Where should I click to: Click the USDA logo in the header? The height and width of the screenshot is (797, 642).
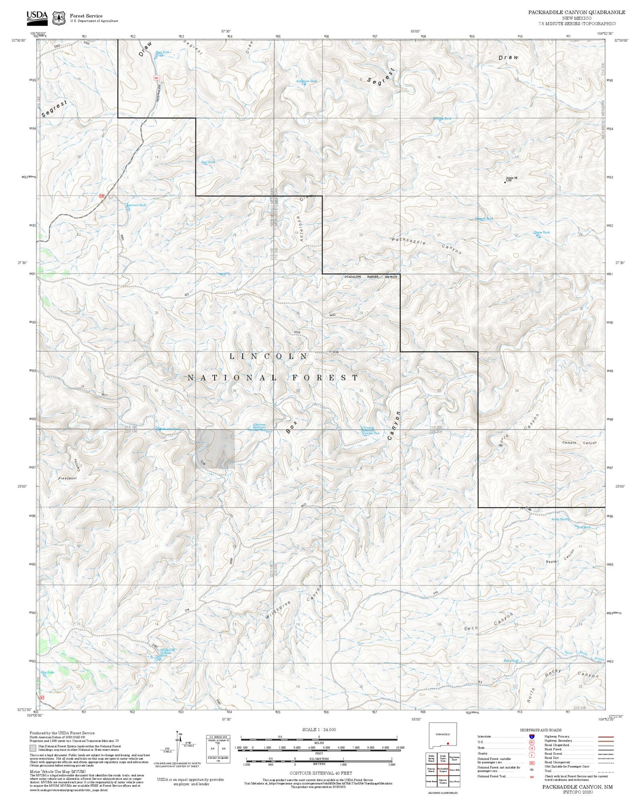[37, 17]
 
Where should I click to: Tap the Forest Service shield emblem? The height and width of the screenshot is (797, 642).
[59, 18]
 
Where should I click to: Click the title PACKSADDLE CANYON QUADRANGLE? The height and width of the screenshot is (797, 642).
[576, 12]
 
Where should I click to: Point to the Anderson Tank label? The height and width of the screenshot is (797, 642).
[307, 81]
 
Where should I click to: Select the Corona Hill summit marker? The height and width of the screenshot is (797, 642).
[505, 181]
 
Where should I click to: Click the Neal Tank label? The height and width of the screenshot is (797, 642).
[208, 162]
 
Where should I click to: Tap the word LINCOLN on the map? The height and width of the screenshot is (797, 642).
[268, 356]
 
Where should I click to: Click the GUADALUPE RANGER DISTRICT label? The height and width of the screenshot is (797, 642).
[371, 277]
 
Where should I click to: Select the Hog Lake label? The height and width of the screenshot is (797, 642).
[47, 672]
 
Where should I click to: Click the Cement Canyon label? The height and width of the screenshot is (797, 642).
[579, 443]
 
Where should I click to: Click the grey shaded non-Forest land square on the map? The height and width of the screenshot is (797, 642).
[215, 449]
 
